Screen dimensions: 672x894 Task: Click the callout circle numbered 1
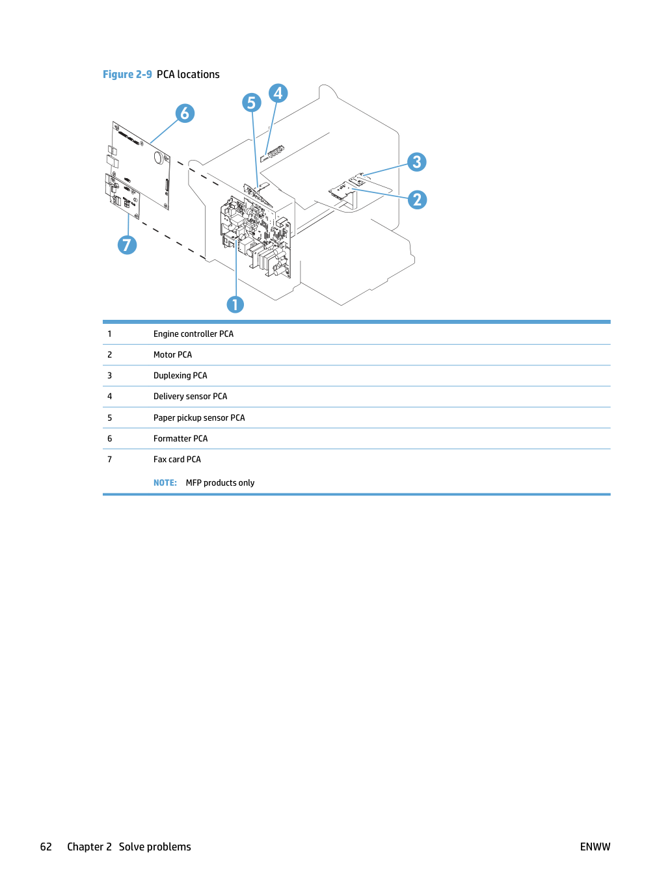click(x=235, y=304)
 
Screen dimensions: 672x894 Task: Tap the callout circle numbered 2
click(x=417, y=200)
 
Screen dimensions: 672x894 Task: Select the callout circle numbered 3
click(x=416, y=162)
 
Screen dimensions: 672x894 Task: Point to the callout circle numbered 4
click(x=278, y=93)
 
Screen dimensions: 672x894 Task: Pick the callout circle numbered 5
click(x=252, y=103)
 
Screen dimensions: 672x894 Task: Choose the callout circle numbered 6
click(x=185, y=113)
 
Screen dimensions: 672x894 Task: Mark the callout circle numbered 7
click(x=127, y=244)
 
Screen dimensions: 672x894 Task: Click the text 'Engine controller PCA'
click(x=193, y=334)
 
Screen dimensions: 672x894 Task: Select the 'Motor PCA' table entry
click(x=172, y=354)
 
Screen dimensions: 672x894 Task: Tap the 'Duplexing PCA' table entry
click(x=180, y=376)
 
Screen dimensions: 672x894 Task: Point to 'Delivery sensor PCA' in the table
click(x=190, y=397)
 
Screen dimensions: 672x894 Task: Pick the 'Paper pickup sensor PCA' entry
click(x=199, y=417)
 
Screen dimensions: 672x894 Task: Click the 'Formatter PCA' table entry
click(x=180, y=438)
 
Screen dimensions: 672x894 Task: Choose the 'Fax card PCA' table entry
click(x=177, y=459)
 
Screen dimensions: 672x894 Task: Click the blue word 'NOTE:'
click(x=165, y=482)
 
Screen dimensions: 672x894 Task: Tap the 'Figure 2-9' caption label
click(x=127, y=74)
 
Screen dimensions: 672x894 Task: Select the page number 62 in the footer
click(x=46, y=847)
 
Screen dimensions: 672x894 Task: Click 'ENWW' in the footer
click(x=595, y=847)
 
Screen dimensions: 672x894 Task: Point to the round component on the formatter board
click(x=159, y=157)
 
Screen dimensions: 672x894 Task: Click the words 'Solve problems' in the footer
click(x=155, y=847)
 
